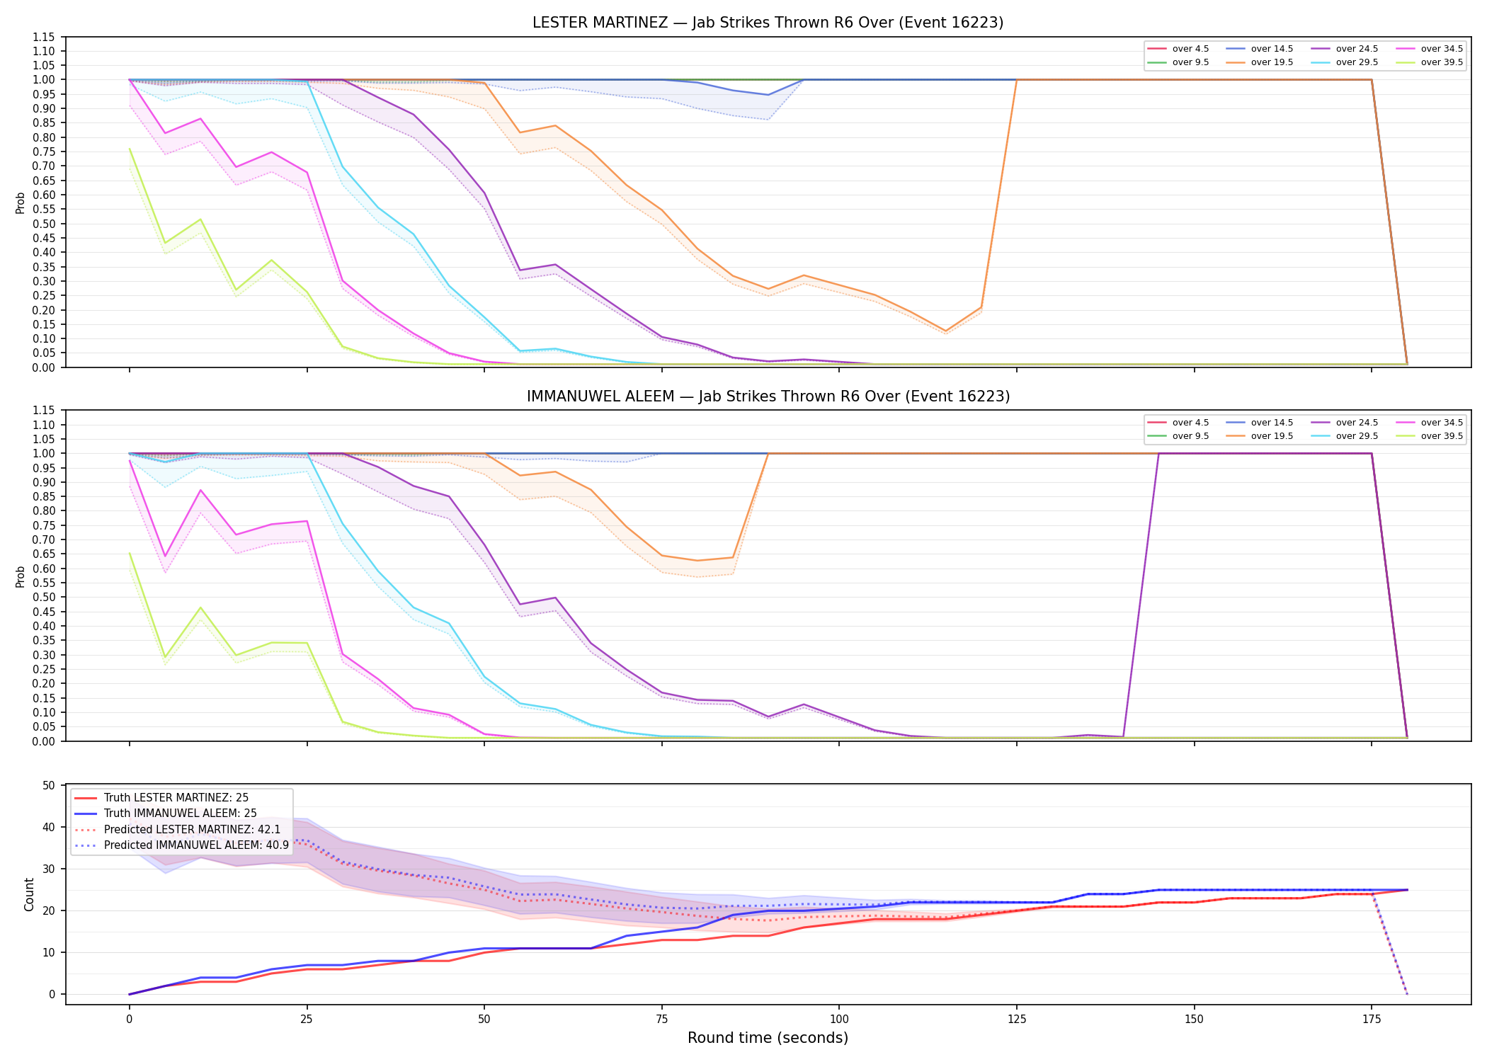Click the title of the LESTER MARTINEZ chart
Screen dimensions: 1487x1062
768,23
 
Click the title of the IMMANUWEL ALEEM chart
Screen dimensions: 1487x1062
768,396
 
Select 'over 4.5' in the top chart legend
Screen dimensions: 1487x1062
1190,49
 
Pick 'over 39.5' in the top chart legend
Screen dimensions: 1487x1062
1442,62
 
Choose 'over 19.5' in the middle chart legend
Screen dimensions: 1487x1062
1272,436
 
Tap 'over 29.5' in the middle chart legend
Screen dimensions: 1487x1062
1357,436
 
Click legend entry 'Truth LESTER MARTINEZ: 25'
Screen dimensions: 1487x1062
176,798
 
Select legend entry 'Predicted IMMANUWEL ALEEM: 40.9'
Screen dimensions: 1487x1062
196,845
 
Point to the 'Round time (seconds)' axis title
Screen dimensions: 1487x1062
768,1038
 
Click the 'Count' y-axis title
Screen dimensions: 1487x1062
29,894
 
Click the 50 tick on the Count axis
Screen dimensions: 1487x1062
49,785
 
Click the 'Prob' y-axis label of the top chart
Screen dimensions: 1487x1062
21,203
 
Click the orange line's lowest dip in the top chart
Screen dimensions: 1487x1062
945,331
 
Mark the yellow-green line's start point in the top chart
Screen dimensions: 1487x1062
130,149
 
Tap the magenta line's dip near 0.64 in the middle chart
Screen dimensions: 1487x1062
165,556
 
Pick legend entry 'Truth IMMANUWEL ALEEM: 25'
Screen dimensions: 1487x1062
181,813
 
